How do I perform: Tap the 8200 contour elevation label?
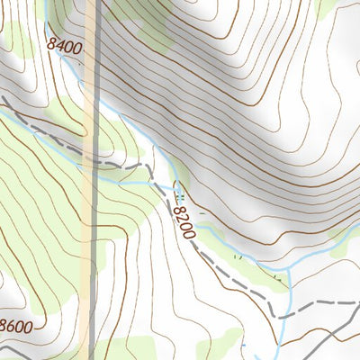[x=184, y=221]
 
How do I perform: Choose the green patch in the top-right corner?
[x=328, y=7]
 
